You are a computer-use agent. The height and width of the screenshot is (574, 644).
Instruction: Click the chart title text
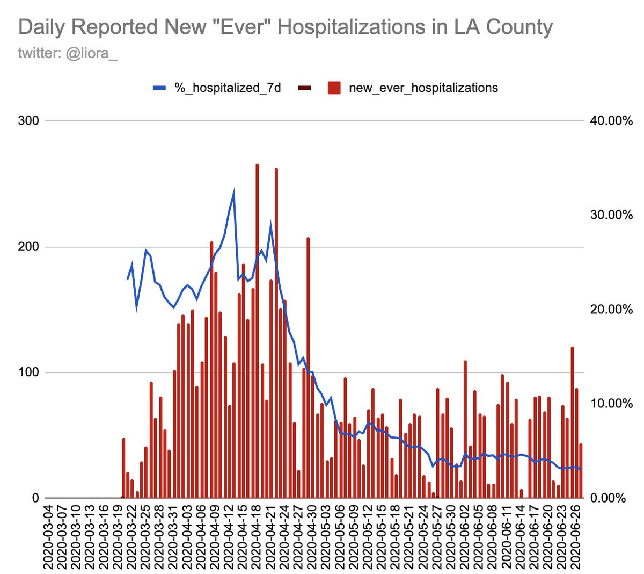click(x=285, y=27)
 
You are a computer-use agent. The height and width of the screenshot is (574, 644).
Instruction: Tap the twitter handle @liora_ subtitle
click(x=68, y=54)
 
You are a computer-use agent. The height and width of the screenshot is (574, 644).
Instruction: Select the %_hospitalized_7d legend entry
click(x=217, y=88)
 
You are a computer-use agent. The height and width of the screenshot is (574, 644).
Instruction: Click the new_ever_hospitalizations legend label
click(x=423, y=88)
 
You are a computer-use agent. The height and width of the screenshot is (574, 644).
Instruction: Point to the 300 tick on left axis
click(x=28, y=120)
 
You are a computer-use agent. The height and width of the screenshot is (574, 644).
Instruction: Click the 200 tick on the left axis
click(x=28, y=247)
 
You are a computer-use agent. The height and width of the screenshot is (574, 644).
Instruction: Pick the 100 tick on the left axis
click(x=28, y=372)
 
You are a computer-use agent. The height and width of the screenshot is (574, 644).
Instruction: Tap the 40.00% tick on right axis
click(x=611, y=120)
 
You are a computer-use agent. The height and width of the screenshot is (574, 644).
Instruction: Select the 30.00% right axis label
click(x=611, y=215)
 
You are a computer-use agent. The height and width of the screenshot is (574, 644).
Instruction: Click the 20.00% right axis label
click(x=611, y=309)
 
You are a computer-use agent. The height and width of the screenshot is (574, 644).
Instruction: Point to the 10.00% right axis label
click(x=611, y=404)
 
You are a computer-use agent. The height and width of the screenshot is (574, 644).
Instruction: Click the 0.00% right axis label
click(x=611, y=498)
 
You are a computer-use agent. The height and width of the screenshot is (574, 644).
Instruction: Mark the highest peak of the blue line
click(x=233, y=191)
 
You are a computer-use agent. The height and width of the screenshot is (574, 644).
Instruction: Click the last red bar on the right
click(x=581, y=471)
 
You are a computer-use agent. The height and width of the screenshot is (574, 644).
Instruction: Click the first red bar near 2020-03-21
click(x=123, y=468)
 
